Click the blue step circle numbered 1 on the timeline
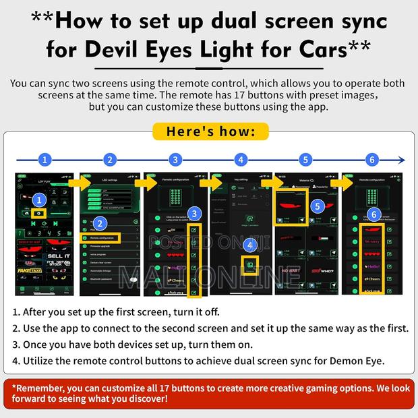coord(44,160)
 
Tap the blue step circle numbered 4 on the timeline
coord(241,160)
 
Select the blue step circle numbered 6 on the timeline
coord(371,160)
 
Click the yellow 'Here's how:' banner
coord(209,130)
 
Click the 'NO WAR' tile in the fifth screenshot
coord(291,271)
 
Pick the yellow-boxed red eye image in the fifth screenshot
coord(291,206)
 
